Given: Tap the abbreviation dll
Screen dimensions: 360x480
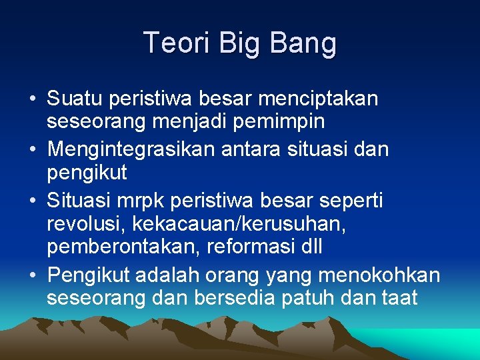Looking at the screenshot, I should tap(311, 247).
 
